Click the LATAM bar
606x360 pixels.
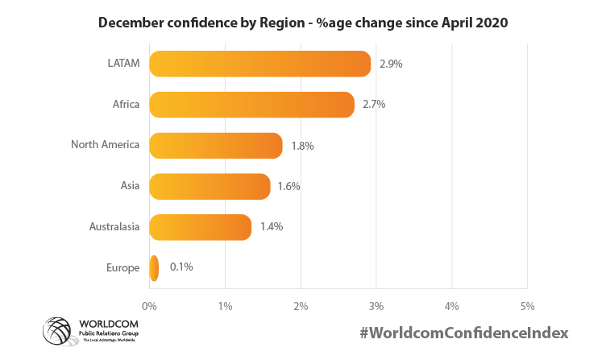pos(259,64)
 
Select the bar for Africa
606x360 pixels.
pos(251,105)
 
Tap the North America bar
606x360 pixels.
pos(216,146)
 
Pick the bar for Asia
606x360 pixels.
pos(210,186)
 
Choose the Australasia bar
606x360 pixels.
pos(201,227)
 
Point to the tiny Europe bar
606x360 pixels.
pos(154,267)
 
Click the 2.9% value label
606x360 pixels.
pos(390,64)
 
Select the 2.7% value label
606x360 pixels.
pos(374,105)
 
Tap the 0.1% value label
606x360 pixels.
pos(181,267)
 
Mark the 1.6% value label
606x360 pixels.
pos(288,186)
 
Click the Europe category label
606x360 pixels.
pos(122,267)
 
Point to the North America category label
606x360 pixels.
pos(106,145)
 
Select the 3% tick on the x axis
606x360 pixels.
pos(376,306)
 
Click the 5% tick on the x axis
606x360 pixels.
pos(527,306)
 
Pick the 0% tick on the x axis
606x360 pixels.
pos(149,306)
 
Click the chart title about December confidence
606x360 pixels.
pos(303,23)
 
